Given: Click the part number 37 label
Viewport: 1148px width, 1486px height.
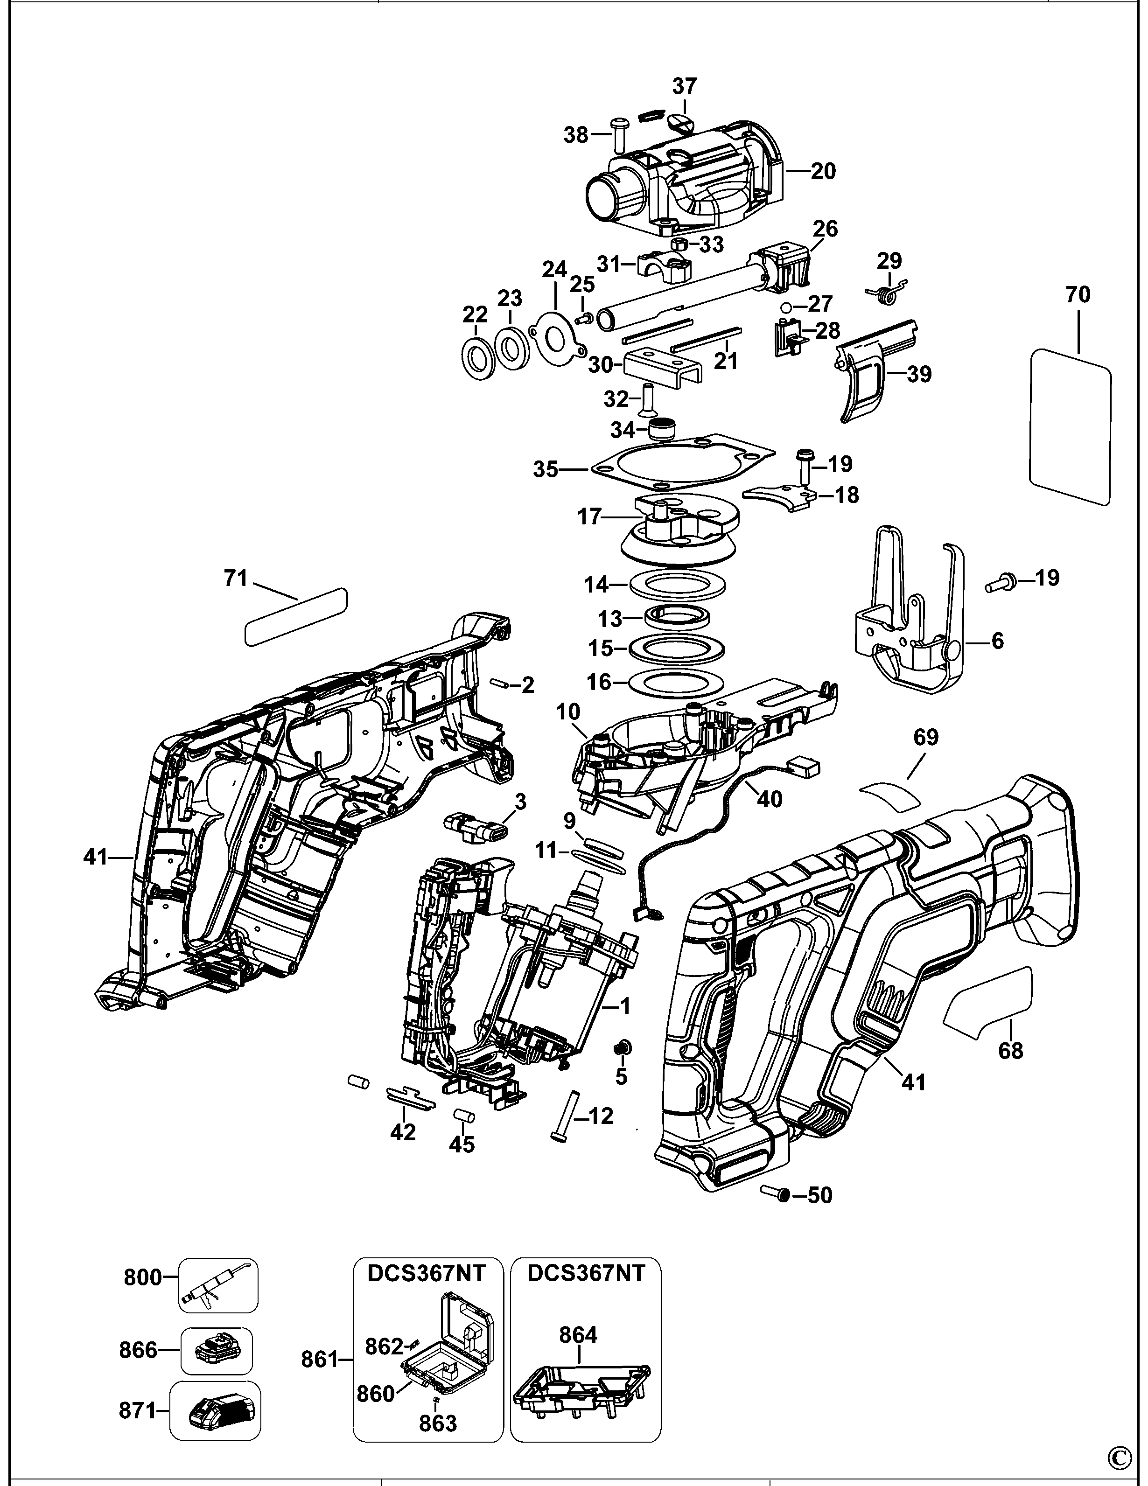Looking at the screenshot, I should pos(685,86).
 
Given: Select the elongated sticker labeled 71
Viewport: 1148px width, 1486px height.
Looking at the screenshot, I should pos(296,616).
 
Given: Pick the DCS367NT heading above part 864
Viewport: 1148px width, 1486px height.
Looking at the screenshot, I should pos(586,1272).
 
